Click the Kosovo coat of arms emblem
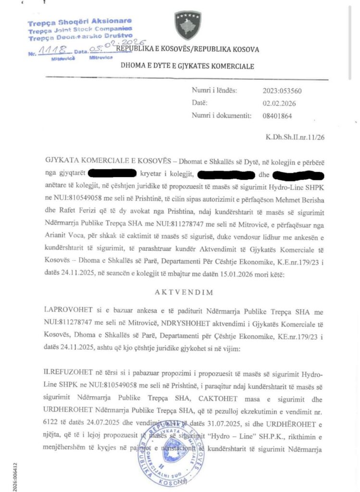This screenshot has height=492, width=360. click(188, 25)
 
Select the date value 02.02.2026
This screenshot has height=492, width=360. click(279, 103)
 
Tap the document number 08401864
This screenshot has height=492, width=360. click(277, 115)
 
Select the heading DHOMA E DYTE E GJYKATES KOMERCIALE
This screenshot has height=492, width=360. click(188, 66)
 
